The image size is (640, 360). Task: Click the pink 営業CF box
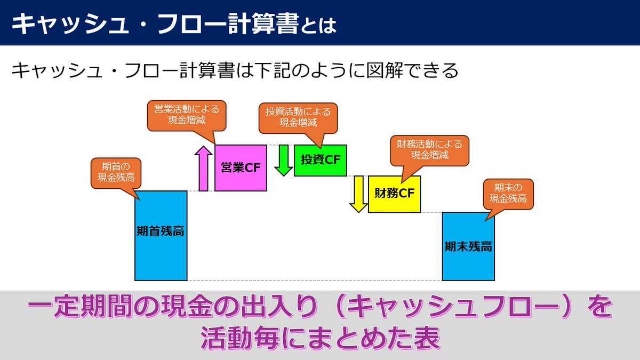pyautogui.click(x=240, y=167)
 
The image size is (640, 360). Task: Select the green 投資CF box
pyautogui.click(x=320, y=159)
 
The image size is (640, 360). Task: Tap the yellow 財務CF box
pyautogui.click(x=394, y=194)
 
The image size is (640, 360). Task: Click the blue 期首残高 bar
pyautogui.click(x=161, y=235)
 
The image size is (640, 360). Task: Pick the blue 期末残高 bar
pyautogui.click(x=468, y=246)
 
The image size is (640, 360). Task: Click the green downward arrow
pyautogui.click(x=284, y=159)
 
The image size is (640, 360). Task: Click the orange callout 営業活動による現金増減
pyautogui.click(x=187, y=114)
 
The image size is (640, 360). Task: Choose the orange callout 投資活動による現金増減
pyautogui.click(x=298, y=117)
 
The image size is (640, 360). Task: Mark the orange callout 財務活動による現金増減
pyautogui.click(x=429, y=150)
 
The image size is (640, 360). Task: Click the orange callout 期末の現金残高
pyautogui.click(x=508, y=193)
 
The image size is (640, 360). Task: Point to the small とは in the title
pyautogui.click(x=318, y=26)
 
